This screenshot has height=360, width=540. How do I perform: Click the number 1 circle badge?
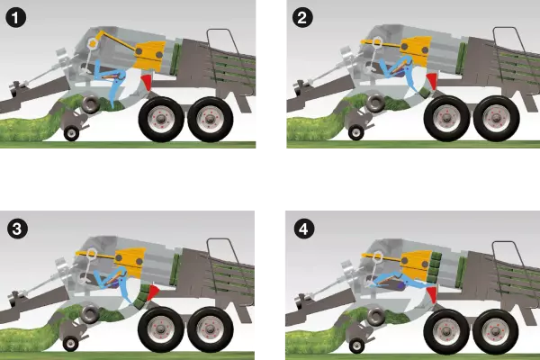point(16,17)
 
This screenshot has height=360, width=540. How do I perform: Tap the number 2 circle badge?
point(302,17)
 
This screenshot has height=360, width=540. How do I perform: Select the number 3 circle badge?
point(17,229)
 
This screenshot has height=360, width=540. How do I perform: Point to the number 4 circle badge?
point(304,229)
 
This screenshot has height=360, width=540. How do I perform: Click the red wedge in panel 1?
point(146,81)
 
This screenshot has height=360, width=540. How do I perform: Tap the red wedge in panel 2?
point(431,81)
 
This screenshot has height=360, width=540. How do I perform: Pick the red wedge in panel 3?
point(152,292)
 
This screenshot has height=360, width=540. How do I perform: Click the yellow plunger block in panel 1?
point(149,55)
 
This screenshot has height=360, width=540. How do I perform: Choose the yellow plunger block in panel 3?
point(130,261)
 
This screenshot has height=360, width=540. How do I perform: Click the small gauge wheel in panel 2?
point(356,132)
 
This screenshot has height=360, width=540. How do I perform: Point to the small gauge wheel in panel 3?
point(70,344)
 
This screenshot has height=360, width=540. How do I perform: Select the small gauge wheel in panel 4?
point(356,346)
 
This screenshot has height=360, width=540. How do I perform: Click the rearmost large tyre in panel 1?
point(211,119)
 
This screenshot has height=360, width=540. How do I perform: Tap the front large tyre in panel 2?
point(447,118)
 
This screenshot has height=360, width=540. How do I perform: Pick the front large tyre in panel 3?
point(161,329)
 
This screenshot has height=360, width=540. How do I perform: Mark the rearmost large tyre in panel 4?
point(496,331)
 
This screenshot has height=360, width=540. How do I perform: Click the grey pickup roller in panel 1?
point(91,104)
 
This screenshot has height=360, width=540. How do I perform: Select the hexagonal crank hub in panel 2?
point(376,42)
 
